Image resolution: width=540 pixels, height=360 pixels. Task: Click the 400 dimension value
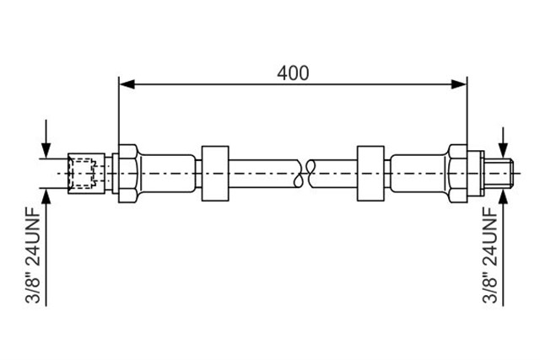pyautogui.click(x=293, y=73)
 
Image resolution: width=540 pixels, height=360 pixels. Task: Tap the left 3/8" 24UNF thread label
pyautogui.click(x=34, y=255)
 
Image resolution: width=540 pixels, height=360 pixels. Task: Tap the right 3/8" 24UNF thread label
pyautogui.click(x=490, y=255)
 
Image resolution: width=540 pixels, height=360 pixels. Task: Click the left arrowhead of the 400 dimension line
pyautogui.click(x=127, y=84)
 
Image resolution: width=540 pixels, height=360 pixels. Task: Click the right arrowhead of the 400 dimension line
pyautogui.click(x=459, y=84)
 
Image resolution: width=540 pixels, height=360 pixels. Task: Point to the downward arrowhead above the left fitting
pyautogui.click(x=46, y=151)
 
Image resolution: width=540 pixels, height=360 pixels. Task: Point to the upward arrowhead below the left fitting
pyautogui.click(x=46, y=196)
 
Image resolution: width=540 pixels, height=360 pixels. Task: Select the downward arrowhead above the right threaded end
pyautogui.click(x=503, y=151)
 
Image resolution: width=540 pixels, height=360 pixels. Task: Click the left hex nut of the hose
pyautogui.click(x=128, y=174)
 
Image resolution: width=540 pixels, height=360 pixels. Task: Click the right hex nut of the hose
pyautogui.click(x=457, y=174)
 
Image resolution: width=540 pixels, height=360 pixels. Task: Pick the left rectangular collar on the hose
pyautogui.click(x=215, y=174)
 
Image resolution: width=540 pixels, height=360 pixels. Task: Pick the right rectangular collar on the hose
pyautogui.click(x=370, y=174)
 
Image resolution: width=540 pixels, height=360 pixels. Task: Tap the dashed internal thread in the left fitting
pyautogui.click(x=82, y=174)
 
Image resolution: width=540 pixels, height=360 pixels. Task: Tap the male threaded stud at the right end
pyautogui.click(x=499, y=174)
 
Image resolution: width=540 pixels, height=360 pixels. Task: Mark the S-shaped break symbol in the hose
pyautogui.click(x=305, y=174)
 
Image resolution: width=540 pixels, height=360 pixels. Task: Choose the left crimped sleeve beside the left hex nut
pyautogui.click(x=167, y=174)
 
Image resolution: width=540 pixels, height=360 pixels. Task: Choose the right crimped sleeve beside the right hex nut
pyautogui.click(x=419, y=174)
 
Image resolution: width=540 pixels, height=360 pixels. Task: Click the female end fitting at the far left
pyautogui.click(x=86, y=174)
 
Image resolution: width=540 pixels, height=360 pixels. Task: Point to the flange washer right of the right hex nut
pyautogui.click(x=475, y=174)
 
